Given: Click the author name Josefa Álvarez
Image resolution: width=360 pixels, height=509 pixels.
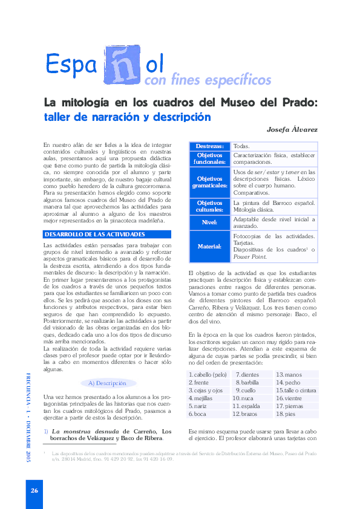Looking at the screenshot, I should click(x=292, y=130).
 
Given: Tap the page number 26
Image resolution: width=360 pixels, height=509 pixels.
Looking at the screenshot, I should click(x=34, y=490).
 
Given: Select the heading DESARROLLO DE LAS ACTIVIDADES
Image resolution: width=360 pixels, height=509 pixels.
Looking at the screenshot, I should click(x=95, y=234).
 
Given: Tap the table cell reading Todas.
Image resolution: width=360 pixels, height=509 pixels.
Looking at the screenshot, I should click(x=241, y=147).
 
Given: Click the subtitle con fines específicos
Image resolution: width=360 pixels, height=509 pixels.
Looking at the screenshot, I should click(x=208, y=80).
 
